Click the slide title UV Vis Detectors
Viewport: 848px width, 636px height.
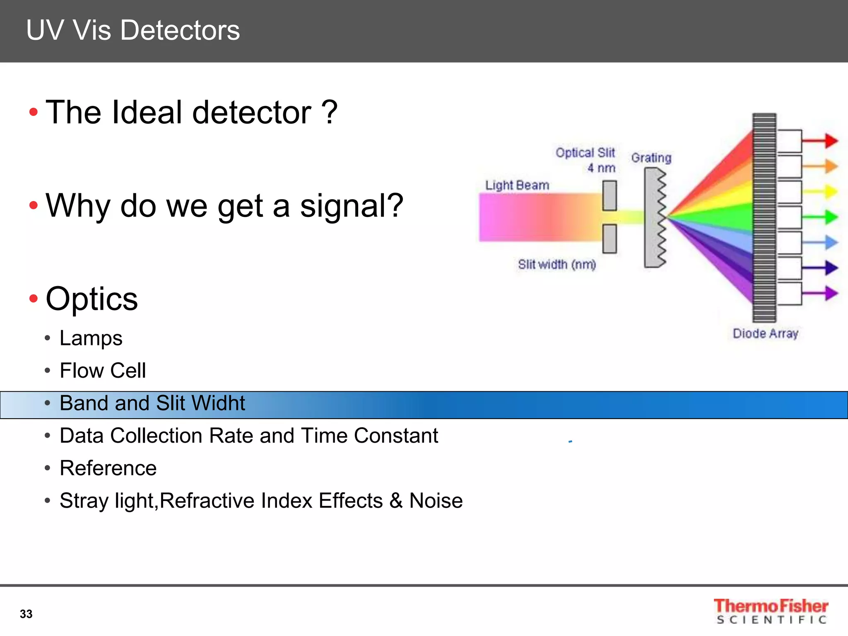click(x=132, y=30)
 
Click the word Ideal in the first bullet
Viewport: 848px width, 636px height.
click(x=146, y=112)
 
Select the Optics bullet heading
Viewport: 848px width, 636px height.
click(x=92, y=299)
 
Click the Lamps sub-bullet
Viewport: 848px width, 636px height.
click(x=91, y=338)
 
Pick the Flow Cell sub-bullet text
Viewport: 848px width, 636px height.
click(x=103, y=371)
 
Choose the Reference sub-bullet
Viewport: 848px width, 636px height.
click(x=108, y=468)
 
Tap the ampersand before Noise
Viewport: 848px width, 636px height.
click(x=396, y=501)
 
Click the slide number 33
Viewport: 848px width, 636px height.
click(x=26, y=614)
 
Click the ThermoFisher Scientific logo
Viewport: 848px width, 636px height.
click(x=771, y=611)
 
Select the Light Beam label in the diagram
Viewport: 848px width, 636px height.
click(x=517, y=185)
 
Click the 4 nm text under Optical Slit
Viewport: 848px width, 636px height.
click(x=601, y=168)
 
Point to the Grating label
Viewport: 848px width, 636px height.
click(x=651, y=158)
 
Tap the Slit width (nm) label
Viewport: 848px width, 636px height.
click(x=556, y=264)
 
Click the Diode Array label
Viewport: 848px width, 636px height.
click(x=765, y=333)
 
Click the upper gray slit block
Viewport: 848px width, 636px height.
click(x=609, y=195)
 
